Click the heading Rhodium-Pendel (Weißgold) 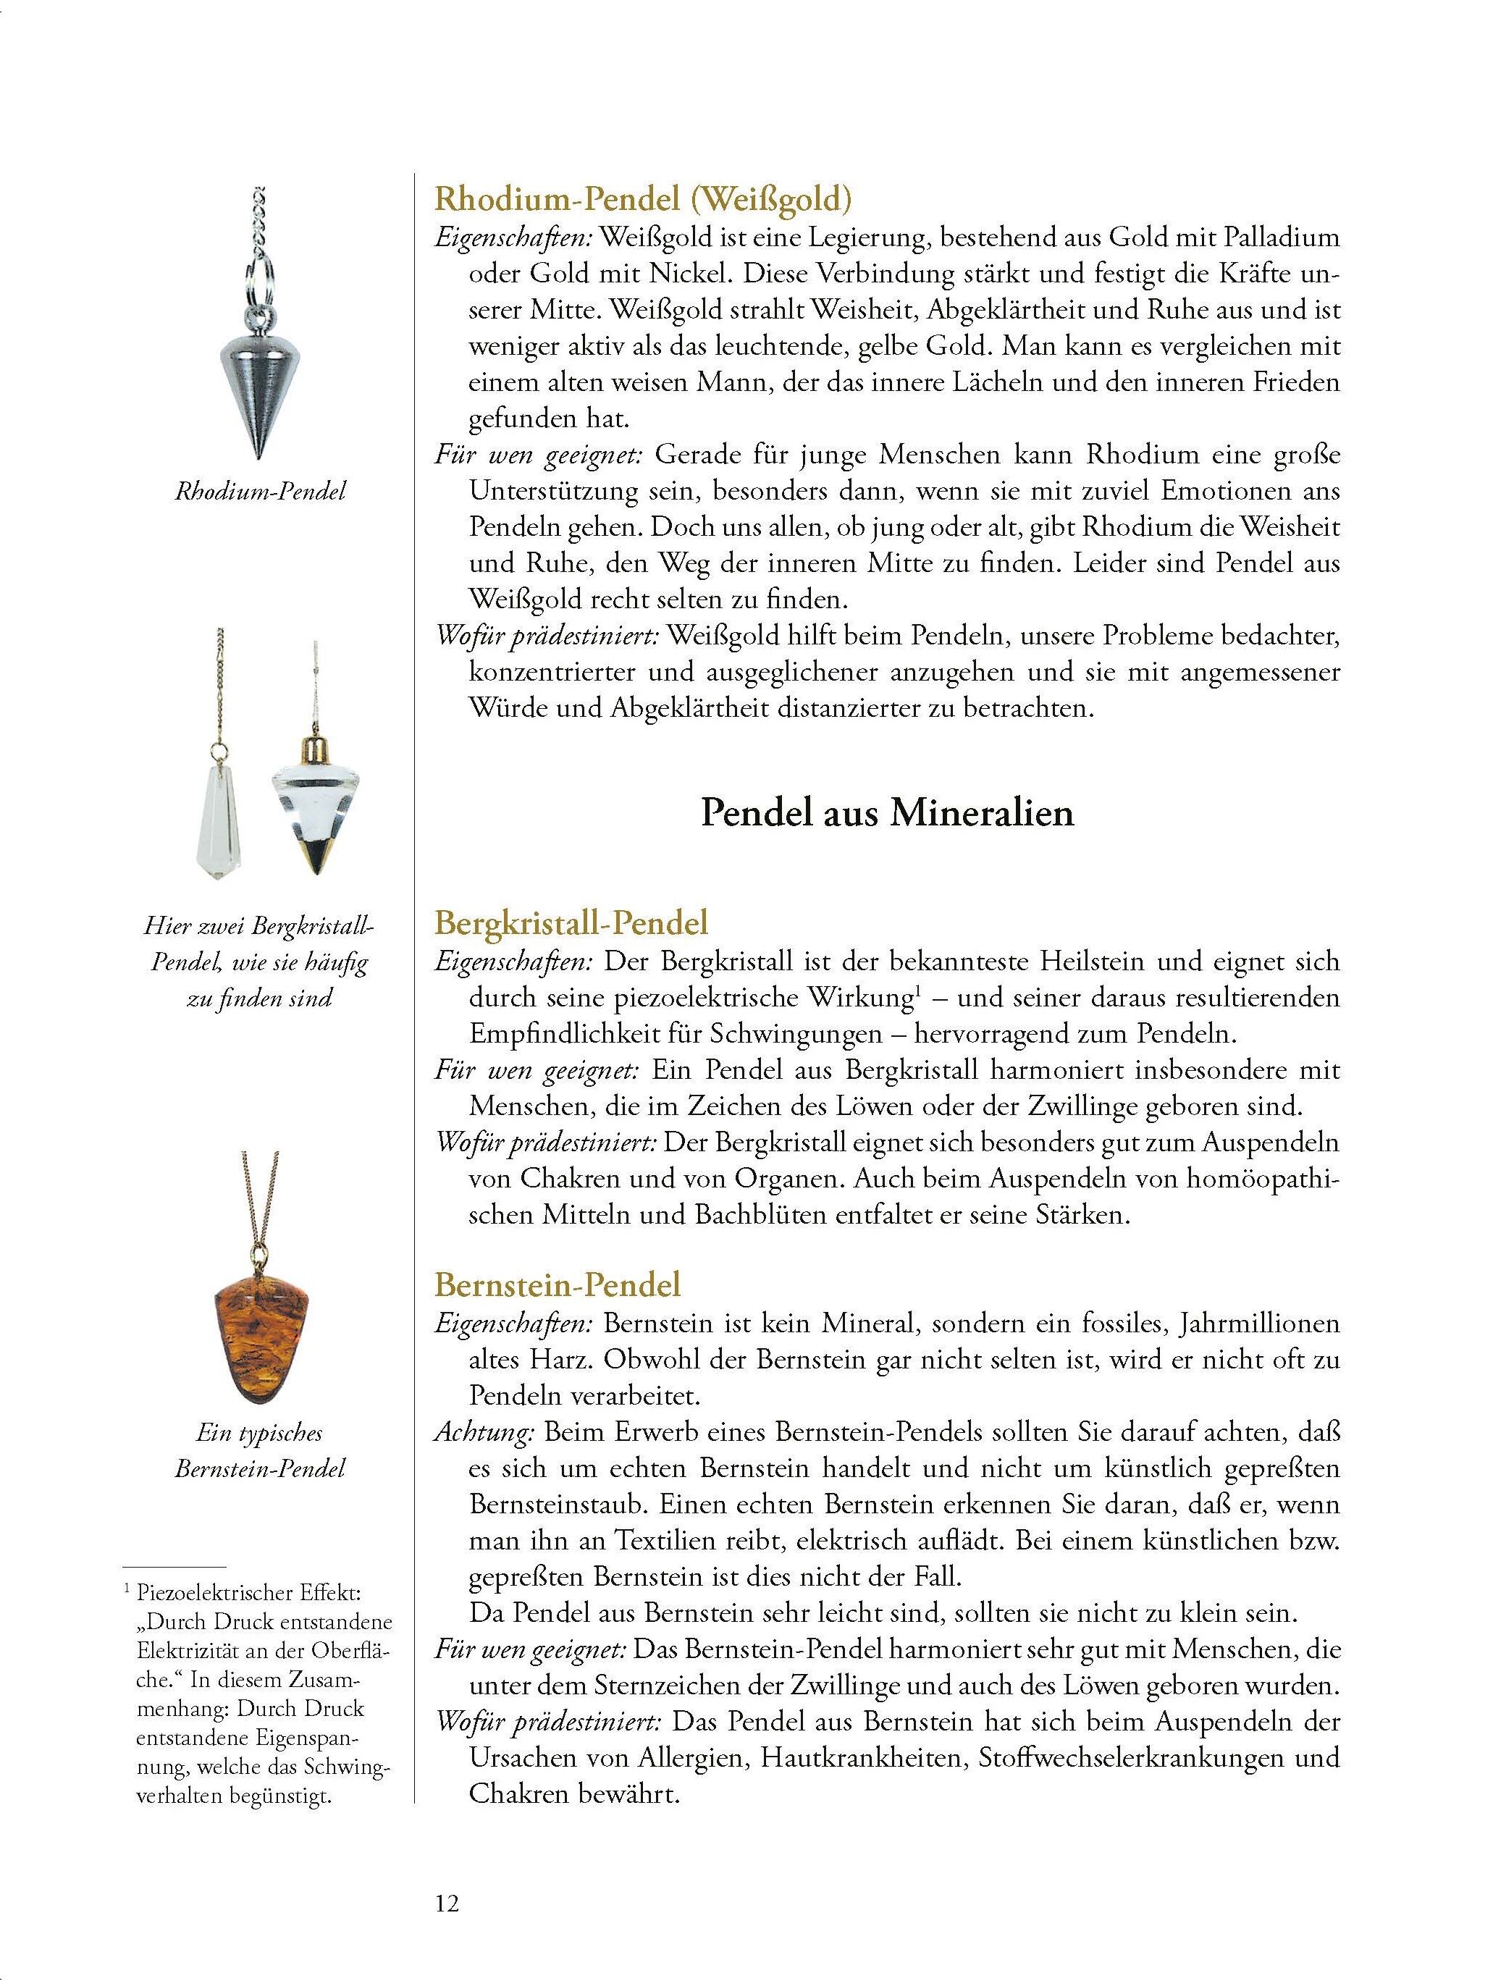point(642,198)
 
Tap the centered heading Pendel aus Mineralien point(887,812)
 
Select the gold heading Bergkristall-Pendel point(571,922)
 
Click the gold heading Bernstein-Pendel point(558,1284)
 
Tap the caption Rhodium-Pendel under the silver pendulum point(260,491)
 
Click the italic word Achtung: point(484,1432)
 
